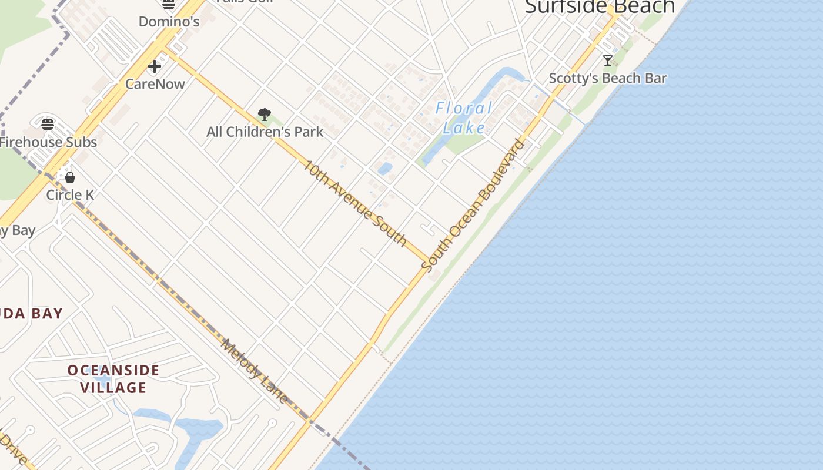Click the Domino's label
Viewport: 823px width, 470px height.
point(169,22)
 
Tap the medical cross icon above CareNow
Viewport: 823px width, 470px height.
point(155,66)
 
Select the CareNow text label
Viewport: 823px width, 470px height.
point(155,84)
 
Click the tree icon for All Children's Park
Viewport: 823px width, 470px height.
point(265,115)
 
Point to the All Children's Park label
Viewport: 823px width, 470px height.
point(265,132)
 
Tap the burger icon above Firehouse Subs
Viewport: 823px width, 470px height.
point(48,124)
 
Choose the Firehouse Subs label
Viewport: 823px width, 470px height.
point(48,142)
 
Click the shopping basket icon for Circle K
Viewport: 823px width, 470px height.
point(70,177)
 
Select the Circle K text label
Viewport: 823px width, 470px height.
point(70,195)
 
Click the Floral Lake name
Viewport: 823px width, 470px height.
point(464,117)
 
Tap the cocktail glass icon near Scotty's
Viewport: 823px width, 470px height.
point(608,60)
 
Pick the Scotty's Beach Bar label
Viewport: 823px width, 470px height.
point(608,78)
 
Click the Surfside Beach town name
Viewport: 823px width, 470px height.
point(600,7)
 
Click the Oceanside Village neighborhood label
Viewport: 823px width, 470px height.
point(113,379)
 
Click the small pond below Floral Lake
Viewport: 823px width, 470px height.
point(385,169)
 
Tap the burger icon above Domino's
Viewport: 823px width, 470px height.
point(169,5)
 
